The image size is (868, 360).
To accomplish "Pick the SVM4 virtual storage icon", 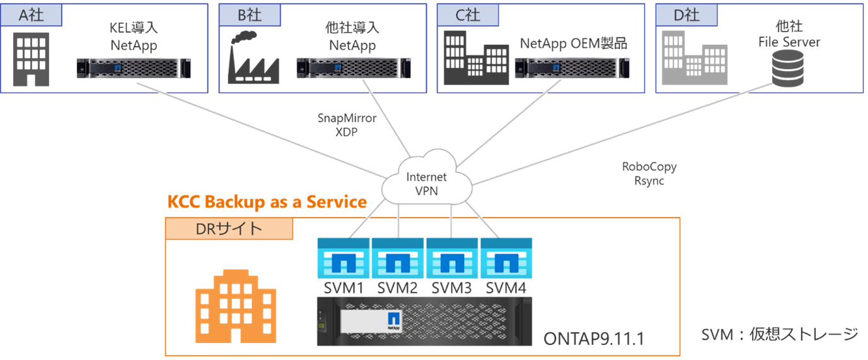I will [x=506, y=258].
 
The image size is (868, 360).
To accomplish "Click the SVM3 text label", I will [x=452, y=288].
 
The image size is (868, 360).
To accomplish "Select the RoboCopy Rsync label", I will [x=649, y=173].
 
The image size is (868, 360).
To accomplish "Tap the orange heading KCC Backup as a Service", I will [x=267, y=202].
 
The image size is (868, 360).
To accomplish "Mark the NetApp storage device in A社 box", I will [x=134, y=67].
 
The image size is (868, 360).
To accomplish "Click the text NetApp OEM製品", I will [x=574, y=44].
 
